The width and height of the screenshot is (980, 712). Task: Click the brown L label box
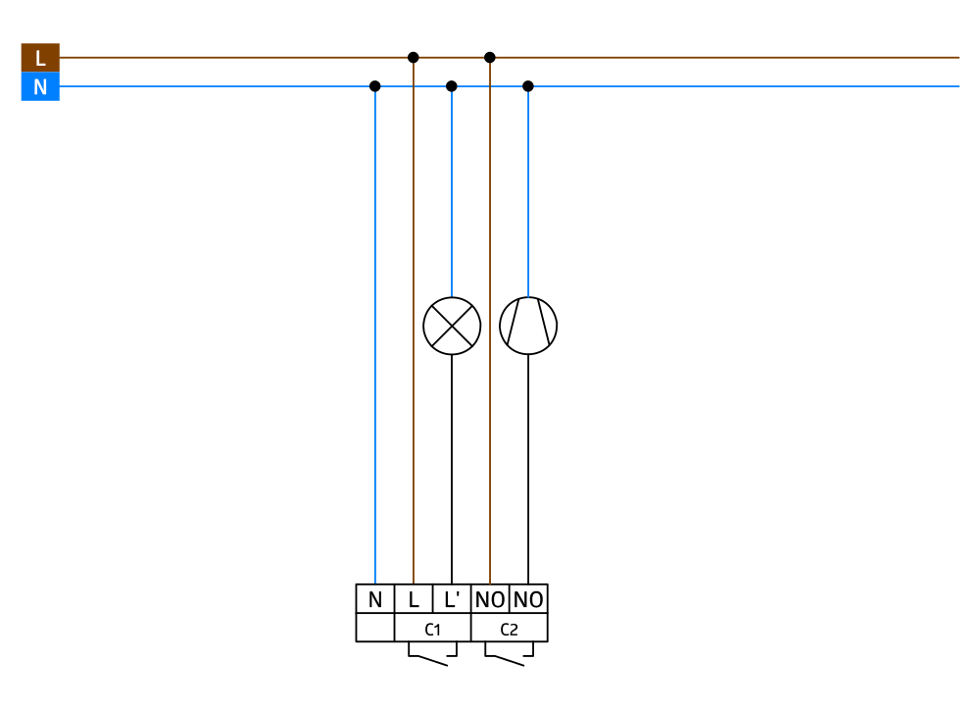point(40,58)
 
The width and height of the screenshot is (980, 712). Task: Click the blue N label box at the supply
point(40,87)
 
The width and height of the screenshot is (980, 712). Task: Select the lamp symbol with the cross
point(452,326)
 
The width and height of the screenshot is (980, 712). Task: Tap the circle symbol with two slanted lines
point(528,326)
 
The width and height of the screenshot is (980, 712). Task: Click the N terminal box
point(375,599)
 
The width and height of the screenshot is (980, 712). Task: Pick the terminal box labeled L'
point(452,599)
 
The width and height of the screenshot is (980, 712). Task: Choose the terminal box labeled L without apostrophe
point(414,599)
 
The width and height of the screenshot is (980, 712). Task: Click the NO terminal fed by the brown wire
point(490,599)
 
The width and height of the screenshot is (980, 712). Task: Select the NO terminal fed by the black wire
point(528,599)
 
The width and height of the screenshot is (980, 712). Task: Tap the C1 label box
point(432,629)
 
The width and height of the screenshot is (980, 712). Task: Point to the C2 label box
point(510,629)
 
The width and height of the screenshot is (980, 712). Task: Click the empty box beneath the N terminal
point(375,629)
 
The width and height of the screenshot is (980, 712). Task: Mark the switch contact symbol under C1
point(431,656)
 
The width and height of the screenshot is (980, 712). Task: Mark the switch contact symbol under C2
point(509,656)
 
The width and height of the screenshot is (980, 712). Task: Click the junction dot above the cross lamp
point(452,86)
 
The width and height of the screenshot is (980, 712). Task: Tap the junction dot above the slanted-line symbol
point(528,86)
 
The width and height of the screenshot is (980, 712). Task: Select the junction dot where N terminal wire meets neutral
point(375,86)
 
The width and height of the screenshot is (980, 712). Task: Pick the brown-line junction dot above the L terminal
point(414,57)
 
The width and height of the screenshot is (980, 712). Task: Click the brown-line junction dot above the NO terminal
point(490,57)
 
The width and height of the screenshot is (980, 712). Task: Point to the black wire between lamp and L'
point(452,471)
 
